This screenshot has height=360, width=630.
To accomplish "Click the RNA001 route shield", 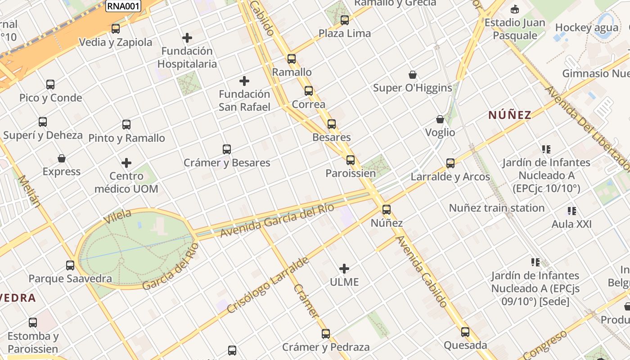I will coord(123,6).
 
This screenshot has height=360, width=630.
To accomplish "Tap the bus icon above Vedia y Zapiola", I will coord(116,29).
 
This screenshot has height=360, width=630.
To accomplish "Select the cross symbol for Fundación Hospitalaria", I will coord(187,38).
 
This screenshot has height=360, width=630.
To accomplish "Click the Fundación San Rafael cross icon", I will coord(244,81).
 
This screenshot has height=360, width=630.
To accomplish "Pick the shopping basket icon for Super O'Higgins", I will coord(412,75).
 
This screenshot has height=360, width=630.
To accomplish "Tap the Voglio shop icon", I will coord(440,119).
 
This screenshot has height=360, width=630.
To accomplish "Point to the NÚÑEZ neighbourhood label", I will coord(510,115).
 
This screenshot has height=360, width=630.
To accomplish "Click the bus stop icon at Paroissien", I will coord(351,160).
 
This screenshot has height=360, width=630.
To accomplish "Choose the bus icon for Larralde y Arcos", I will coord(450,163).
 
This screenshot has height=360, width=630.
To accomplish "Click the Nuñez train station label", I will coord(497,208).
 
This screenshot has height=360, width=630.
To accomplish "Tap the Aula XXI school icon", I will coord(572,211).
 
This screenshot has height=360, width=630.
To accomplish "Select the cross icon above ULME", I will coord(344,269).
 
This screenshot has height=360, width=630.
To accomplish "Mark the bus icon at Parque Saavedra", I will coord(70,265).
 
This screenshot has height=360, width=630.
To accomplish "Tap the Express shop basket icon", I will coord(62,158).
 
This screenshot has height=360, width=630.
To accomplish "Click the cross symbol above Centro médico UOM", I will coord(126,162).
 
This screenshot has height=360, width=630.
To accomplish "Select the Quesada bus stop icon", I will coord(465,332).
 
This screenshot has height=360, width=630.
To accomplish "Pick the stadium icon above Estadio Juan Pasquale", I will coord(515,9).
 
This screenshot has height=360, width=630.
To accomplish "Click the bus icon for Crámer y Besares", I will coord(227,149).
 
